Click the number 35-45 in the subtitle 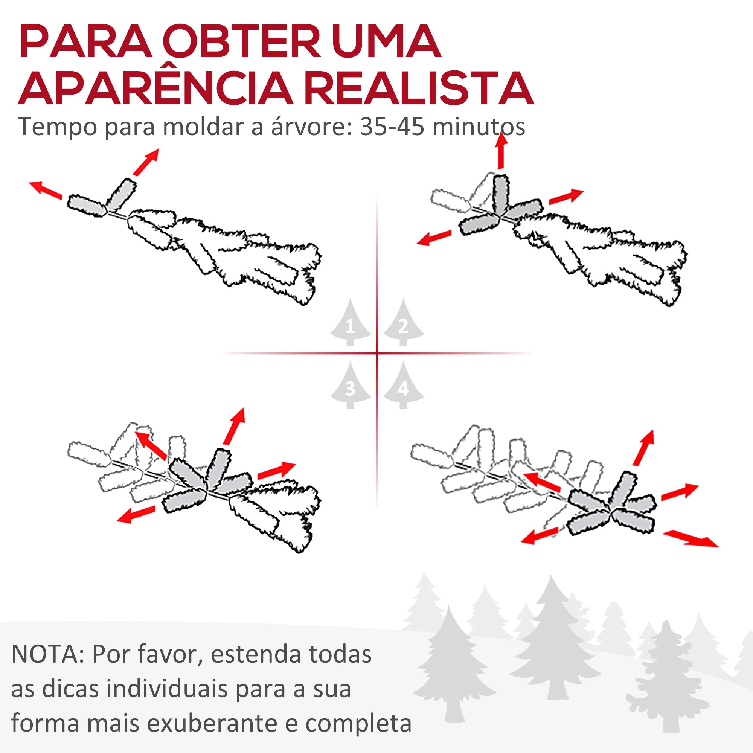coord(392,127)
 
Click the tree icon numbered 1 coord(351,323)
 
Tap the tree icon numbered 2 coord(403,323)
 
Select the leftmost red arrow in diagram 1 coord(46,190)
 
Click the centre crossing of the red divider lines coord(377,354)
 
